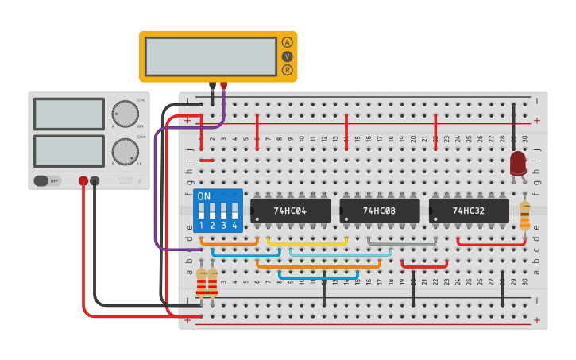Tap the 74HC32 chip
[468, 211]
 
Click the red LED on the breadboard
[518, 163]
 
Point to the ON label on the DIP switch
[204, 196]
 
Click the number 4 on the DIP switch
[235, 226]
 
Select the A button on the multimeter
[287, 42]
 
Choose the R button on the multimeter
[287, 70]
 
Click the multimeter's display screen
[211, 56]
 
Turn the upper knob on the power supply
[124, 114]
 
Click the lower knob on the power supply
[124, 150]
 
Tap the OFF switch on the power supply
[48, 180]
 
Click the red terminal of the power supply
[83, 181]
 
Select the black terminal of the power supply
[95, 181]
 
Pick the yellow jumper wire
[307, 238]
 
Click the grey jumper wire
[402, 238]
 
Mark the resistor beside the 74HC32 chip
[524, 215]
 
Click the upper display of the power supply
[69, 114]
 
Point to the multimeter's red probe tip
[224, 86]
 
